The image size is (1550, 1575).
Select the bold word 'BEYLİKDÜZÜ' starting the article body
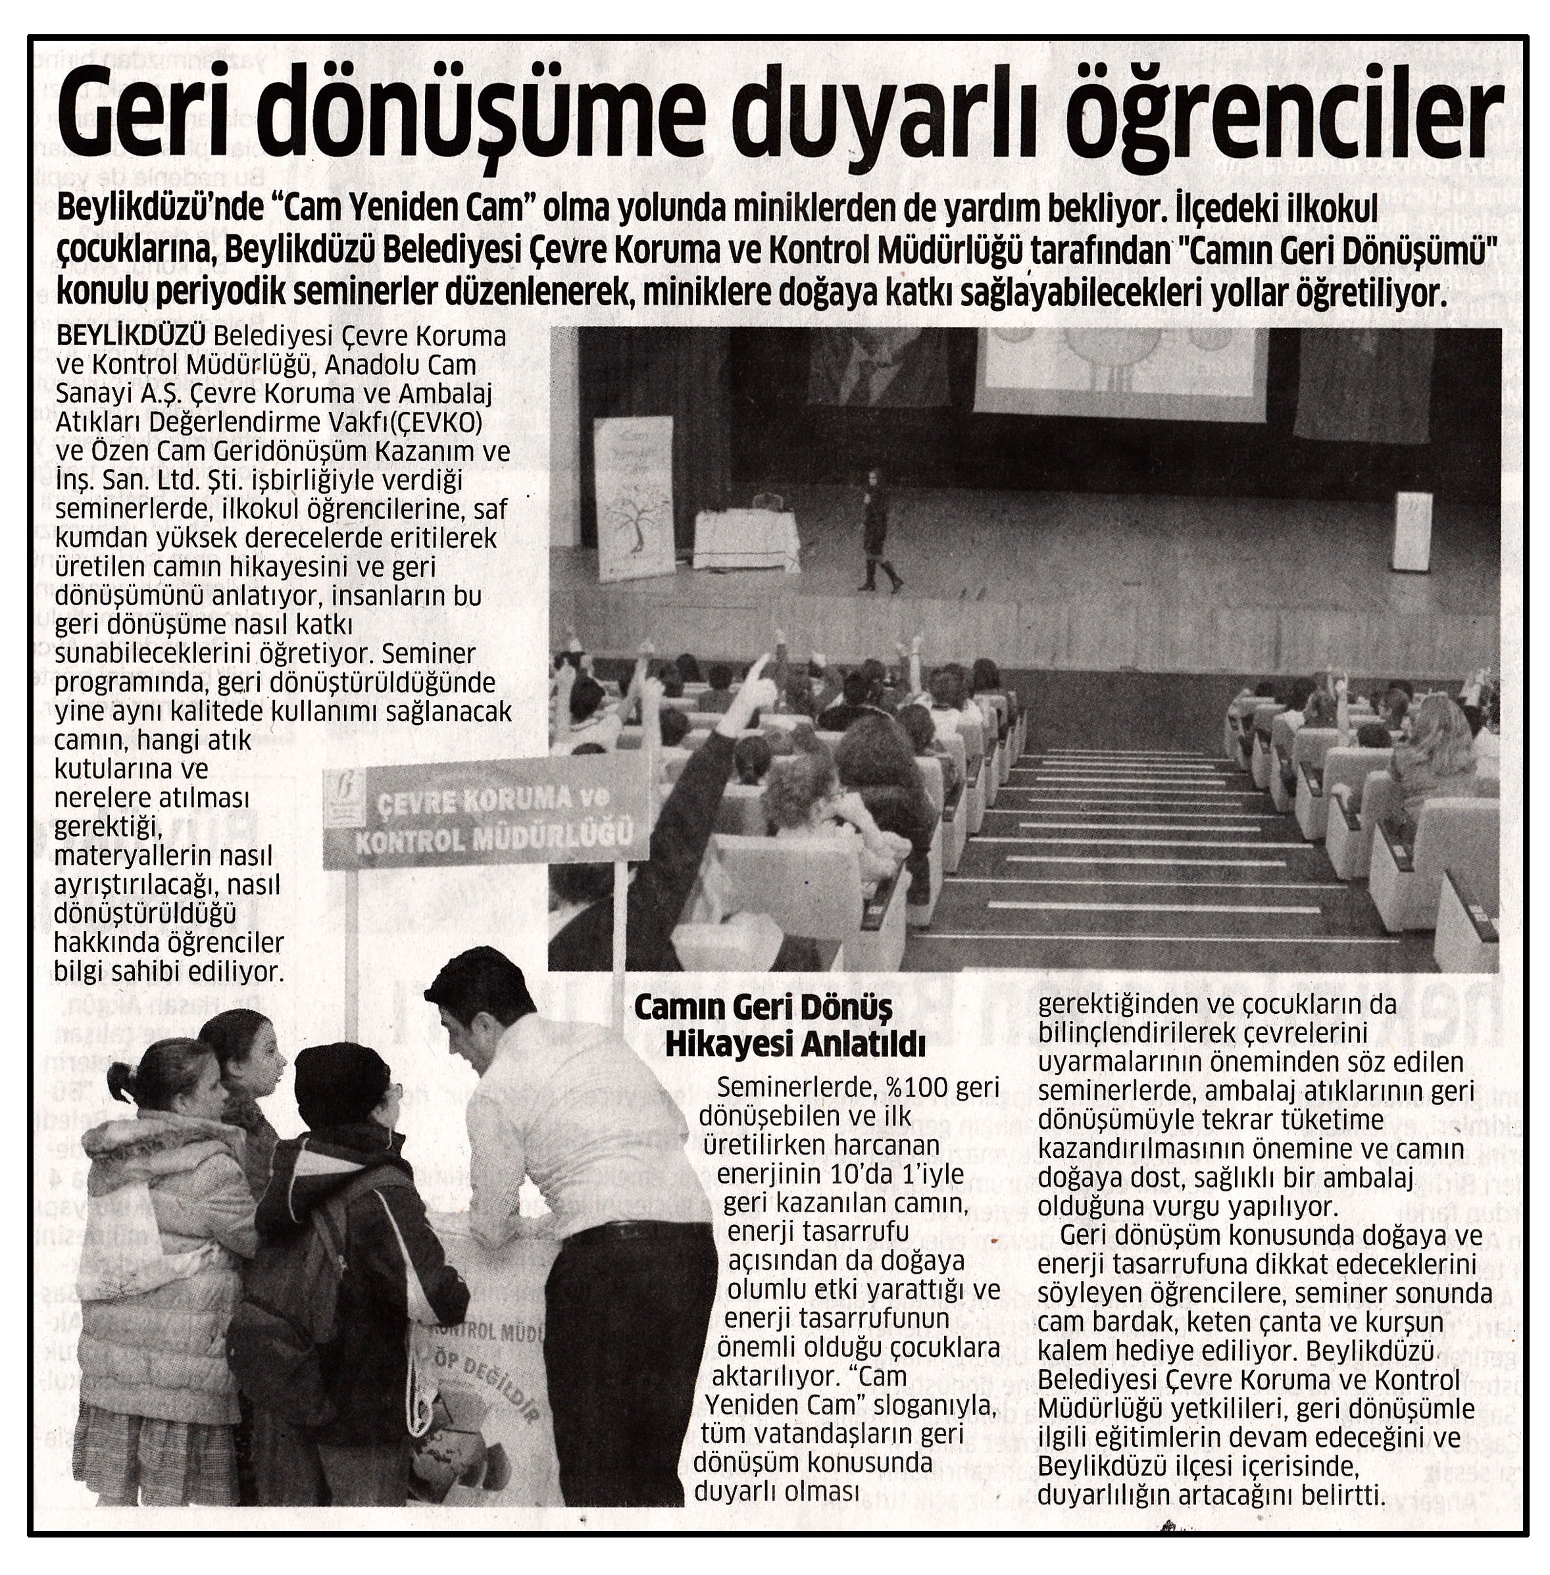click(130, 336)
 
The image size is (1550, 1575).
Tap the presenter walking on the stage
click(877, 530)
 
